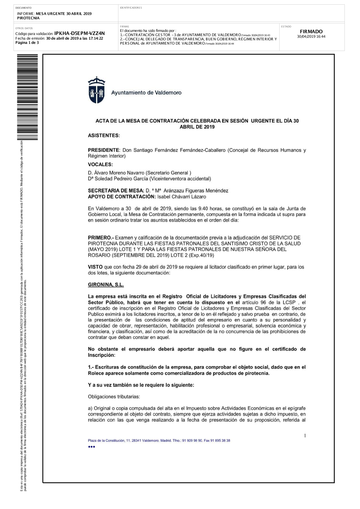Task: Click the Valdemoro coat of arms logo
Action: [x=96, y=90]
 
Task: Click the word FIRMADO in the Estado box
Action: [x=311, y=32]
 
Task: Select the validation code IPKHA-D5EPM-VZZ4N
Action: [x=80, y=33]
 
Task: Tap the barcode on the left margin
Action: [x=30, y=97]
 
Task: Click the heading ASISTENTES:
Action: [x=104, y=136]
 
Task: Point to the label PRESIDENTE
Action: [x=103, y=150]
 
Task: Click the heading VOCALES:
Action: [x=100, y=165]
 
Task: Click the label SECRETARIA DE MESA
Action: [x=116, y=191]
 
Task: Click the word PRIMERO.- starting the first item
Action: [x=100, y=238]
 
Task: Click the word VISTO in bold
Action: [x=95, y=267]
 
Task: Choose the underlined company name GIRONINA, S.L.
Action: [x=106, y=285]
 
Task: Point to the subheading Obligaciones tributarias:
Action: [x=114, y=397]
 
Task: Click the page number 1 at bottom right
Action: [x=305, y=436]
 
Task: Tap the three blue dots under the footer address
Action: [x=91, y=447]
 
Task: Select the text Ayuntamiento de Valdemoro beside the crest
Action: [x=146, y=93]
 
